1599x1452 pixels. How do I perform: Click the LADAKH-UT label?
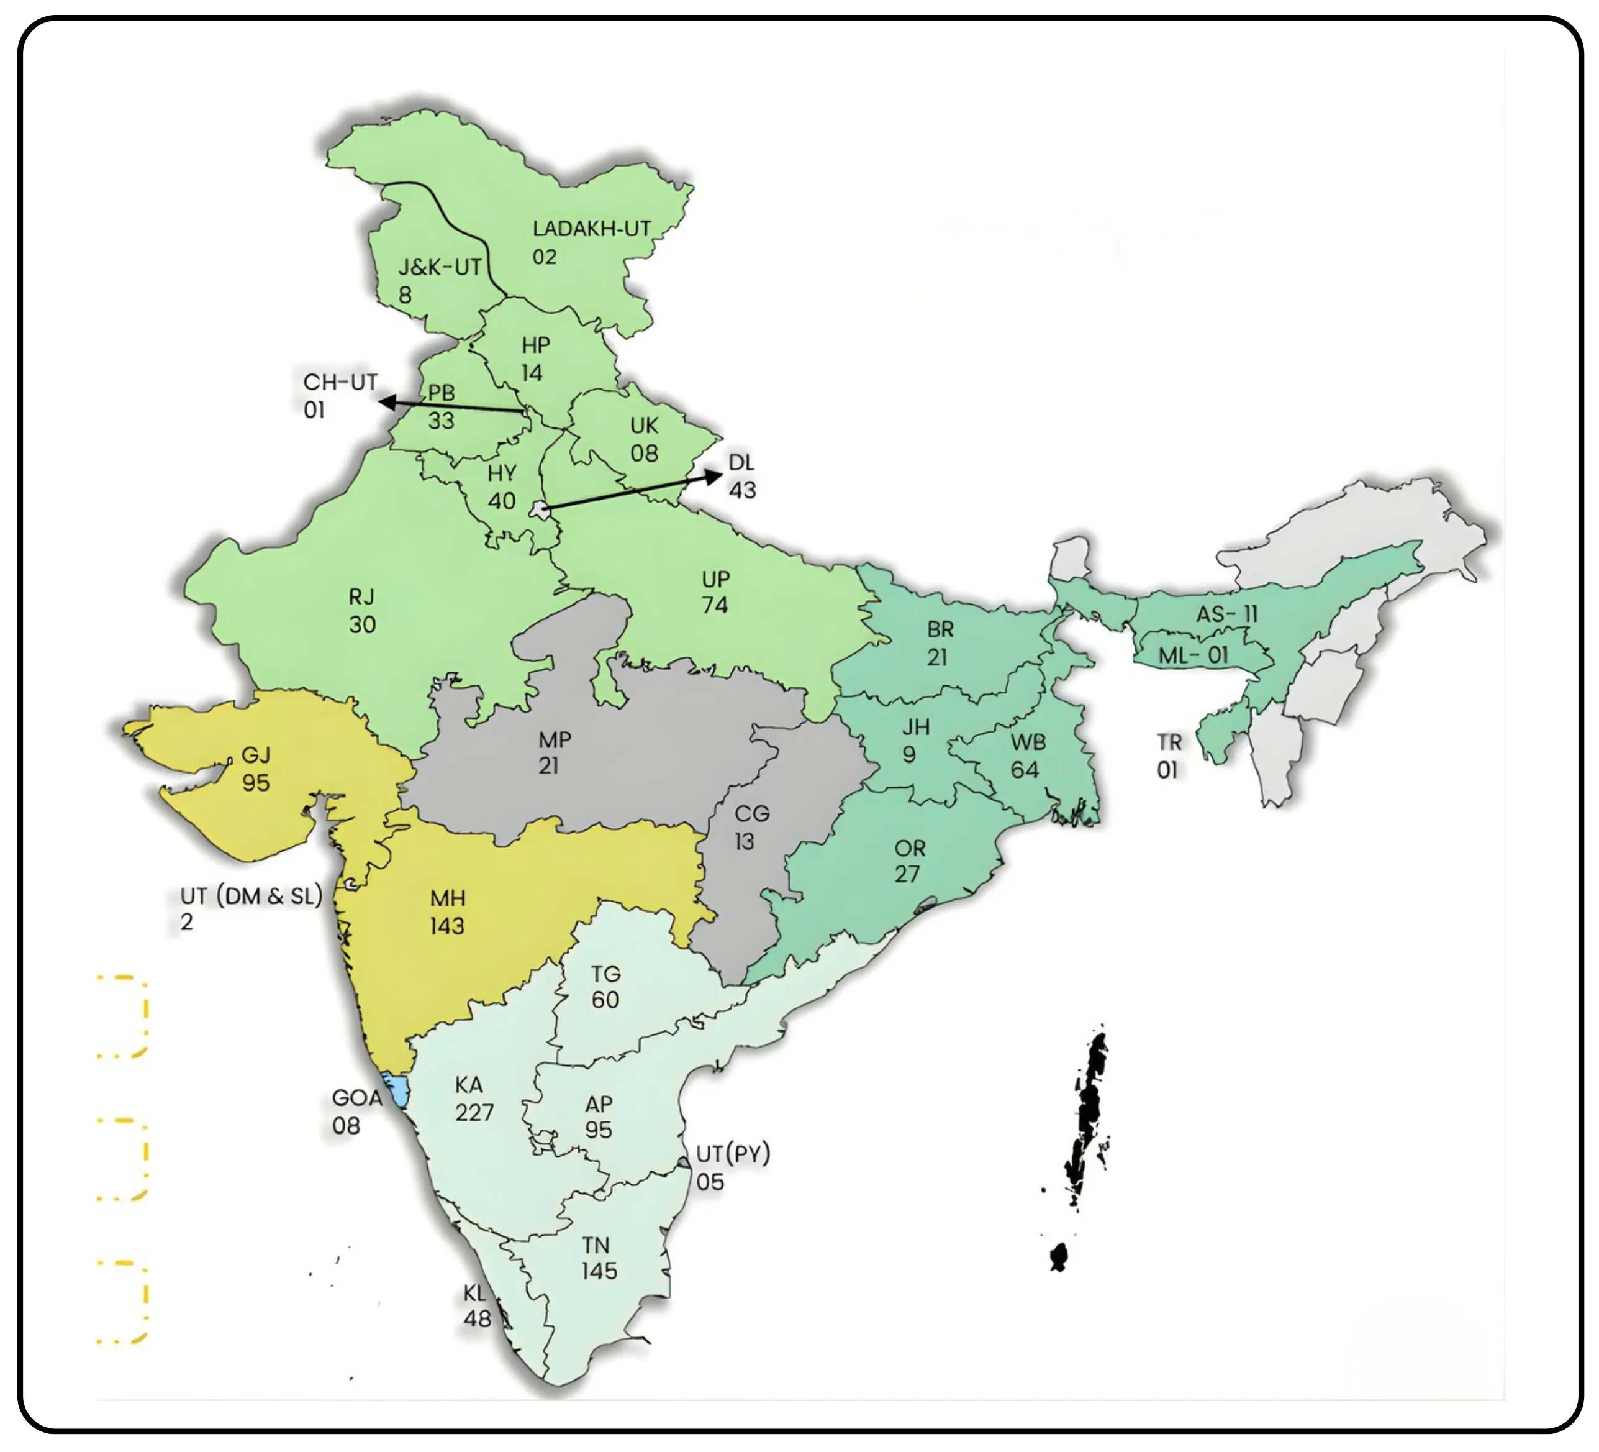coord(591,229)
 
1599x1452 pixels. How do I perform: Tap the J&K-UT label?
coord(440,267)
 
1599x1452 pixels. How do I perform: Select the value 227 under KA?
coord(474,1112)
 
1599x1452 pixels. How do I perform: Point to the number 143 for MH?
coord(447,926)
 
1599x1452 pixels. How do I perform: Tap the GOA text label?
coord(357,1098)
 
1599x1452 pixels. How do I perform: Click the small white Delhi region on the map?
coord(541,509)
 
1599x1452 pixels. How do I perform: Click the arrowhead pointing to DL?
coord(714,475)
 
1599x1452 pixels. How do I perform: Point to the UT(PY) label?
coord(733,1154)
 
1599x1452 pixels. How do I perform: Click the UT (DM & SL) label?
coord(251,897)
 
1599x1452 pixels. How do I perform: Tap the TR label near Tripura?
coord(1169,742)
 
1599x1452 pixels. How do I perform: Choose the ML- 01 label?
coord(1193,655)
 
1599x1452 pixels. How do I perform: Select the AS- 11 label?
coord(1226,614)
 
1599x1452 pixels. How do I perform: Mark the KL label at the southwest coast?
coord(474,1294)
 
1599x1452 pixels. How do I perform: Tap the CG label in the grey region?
coord(751,814)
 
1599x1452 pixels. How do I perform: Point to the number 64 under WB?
coord(1025,770)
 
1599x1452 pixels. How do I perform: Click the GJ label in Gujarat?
coord(255,756)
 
